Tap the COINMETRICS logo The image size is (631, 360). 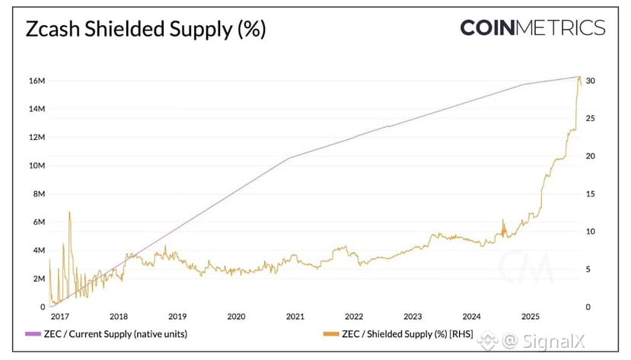tap(532, 29)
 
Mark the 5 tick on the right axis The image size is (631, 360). tap(588, 269)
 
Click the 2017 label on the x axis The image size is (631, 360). tap(59, 317)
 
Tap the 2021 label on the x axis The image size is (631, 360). tap(295, 317)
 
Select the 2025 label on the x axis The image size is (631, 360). tap(531, 317)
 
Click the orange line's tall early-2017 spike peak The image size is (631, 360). tap(69, 212)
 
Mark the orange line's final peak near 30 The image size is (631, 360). tap(579, 77)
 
